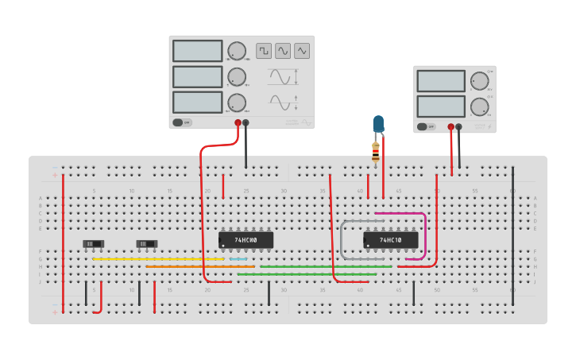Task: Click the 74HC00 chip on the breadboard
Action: [245, 239]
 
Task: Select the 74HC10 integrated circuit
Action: [390, 239]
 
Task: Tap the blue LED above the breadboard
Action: [378, 124]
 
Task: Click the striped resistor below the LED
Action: [376, 153]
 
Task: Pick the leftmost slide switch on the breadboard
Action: [93, 243]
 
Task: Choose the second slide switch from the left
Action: [146, 244]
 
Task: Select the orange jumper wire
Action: [199, 266]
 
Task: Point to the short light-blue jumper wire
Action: [238, 259]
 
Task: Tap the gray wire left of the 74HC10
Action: [342, 238]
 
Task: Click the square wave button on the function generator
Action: [264, 51]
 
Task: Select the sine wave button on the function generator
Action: [283, 51]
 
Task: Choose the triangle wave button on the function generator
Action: [302, 51]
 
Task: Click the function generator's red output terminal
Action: [238, 122]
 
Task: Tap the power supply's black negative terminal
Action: [458, 126]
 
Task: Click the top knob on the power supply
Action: [479, 81]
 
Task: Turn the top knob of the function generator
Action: [237, 51]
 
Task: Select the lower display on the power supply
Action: [440, 106]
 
